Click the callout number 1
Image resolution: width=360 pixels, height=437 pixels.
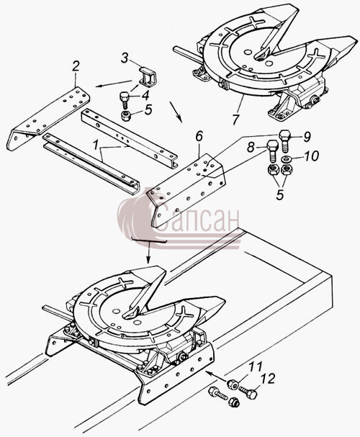(95, 145)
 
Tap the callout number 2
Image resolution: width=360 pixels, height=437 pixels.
(76, 66)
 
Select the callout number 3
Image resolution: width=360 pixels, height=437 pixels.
(125, 58)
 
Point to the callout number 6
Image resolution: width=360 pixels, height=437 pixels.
(199, 137)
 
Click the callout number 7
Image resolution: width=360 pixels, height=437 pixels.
(235, 120)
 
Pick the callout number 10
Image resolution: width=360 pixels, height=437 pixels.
(311, 156)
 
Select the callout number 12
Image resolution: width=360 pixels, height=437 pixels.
(268, 379)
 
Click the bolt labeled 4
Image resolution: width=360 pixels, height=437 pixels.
(124, 101)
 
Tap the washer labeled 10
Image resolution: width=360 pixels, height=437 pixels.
(285, 159)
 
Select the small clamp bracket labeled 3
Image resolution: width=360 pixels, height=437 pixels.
(147, 76)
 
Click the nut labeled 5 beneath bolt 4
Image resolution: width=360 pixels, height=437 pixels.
(127, 115)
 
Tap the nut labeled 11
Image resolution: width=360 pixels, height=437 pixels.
(233, 385)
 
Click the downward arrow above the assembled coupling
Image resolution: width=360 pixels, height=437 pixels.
(148, 252)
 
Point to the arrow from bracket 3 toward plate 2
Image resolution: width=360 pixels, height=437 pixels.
(114, 84)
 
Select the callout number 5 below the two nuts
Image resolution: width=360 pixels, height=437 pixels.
(280, 194)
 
